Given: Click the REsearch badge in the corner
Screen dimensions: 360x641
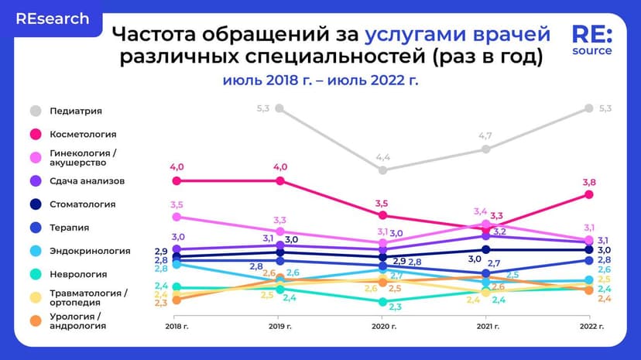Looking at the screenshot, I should (x=52, y=19).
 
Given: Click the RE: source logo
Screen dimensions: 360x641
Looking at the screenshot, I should (x=592, y=40).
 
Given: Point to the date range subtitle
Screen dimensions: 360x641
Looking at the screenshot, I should (x=320, y=81).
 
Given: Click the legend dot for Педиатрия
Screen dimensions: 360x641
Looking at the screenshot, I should (x=35, y=111).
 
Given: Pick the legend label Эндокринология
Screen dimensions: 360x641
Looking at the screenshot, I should (x=90, y=251).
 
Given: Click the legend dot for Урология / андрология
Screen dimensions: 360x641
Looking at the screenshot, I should (x=35, y=321).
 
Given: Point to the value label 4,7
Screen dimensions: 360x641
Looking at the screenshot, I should (x=485, y=136).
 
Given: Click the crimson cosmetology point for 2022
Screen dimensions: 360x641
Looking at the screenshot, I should (x=589, y=194).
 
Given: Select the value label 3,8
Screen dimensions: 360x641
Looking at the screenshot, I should (x=589, y=183).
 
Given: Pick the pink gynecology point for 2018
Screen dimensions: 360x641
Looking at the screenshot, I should (x=177, y=217).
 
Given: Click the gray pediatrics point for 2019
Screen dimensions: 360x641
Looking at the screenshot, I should (x=279, y=108).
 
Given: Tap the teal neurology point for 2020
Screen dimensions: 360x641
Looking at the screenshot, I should (x=382, y=302).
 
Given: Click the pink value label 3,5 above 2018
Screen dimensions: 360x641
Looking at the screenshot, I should (x=177, y=205).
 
